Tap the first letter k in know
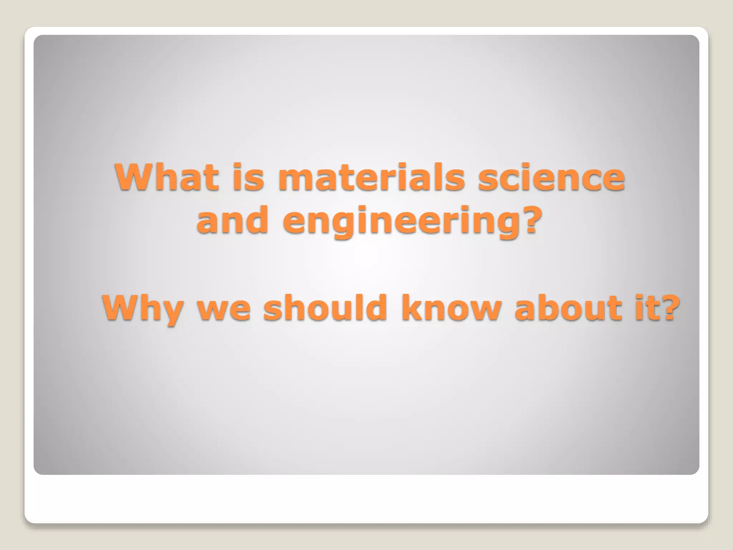[411, 307]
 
